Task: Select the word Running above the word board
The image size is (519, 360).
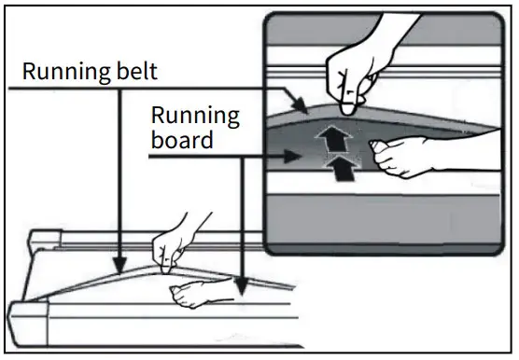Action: [195, 117]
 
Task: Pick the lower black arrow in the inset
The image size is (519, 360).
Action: [344, 167]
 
